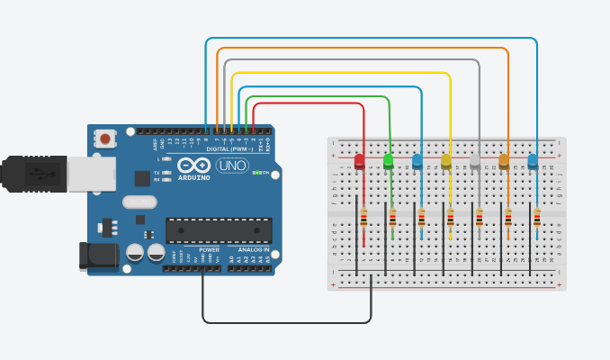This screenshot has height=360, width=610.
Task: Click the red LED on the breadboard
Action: tap(360, 162)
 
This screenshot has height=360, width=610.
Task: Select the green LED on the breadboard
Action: tap(389, 162)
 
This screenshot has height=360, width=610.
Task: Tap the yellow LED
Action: tap(446, 162)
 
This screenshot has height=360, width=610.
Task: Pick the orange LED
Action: tap(504, 162)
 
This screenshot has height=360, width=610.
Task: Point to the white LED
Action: tap(475, 162)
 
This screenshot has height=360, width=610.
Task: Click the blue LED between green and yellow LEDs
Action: tap(417, 162)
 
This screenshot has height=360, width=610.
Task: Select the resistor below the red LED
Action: tap(363, 218)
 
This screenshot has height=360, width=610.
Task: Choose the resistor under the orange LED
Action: tap(508, 218)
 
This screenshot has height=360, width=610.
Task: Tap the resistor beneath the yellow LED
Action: tap(451, 218)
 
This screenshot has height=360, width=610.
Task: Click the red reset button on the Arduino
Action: tap(106, 139)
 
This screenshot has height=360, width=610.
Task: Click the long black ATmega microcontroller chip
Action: tap(219, 231)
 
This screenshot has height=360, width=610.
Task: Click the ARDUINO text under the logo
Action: tap(194, 178)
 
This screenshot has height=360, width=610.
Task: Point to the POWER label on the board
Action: tap(210, 249)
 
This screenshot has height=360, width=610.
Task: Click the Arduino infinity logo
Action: tap(193, 166)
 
